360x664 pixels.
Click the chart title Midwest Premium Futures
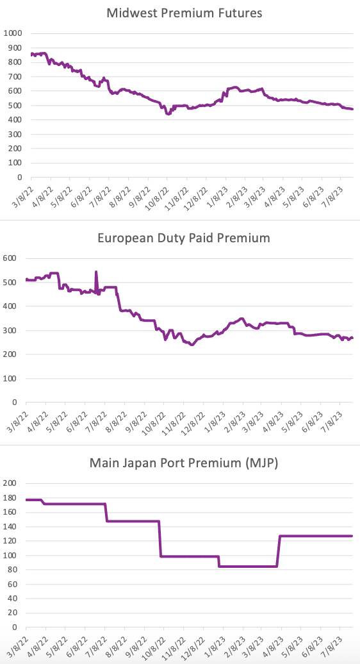[x=184, y=13]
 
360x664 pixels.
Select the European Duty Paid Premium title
[x=184, y=238]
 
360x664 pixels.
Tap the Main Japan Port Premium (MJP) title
[x=184, y=463]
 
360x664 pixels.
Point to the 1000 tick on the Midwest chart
[x=12, y=33]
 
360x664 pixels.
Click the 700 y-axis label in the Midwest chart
[x=14, y=76]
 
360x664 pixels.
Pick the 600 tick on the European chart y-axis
[x=10, y=258]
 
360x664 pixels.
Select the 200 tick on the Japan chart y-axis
[x=10, y=483]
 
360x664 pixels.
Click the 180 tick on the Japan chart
[x=10, y=497]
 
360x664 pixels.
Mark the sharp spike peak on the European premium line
[x=96, y=272]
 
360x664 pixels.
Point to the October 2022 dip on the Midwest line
[x=168, y=113]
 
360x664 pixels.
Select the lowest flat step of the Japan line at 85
[x=248, y=566]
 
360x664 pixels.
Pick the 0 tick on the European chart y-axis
[x=14, y=402]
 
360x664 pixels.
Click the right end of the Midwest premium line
[x=352, y=109]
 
